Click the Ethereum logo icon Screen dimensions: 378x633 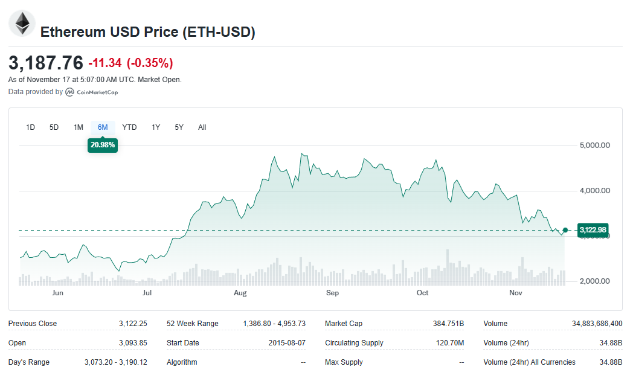pyautogui.click(x=22, y=24)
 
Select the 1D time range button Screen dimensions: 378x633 pyautogui.click(x=30, y=127)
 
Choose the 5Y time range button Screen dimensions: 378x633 pyautogui.click(x=179, y=127)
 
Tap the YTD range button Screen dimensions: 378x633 pyautogui.click(x=129, y=127)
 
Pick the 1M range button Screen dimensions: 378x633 pyautogui.click(x=79, y=127)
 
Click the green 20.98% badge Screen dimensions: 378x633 pyautogui.click(x=103, y=145)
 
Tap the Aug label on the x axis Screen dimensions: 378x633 pyautogui.click(x=240, y=293)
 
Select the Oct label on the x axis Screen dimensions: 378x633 pyautogui.click(x=422, y=293)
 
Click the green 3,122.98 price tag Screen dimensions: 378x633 pyautogui.click(x=592, y=230)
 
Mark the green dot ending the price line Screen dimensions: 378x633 pyautogui.click(x=565, y=230)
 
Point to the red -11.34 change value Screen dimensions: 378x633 pyautogui.click(x=105, y=63)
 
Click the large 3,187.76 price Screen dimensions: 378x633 pyautogui.click(x=46, y=63)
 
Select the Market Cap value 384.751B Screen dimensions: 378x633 pyautogui.click(x=448, y=324)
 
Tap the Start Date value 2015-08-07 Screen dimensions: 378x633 pyautogui.click(x=287, y=343)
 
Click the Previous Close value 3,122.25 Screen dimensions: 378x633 pyautogui.click(x=133, y=324)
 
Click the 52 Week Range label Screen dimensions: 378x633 pyautogui.click(x=193, y=324)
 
